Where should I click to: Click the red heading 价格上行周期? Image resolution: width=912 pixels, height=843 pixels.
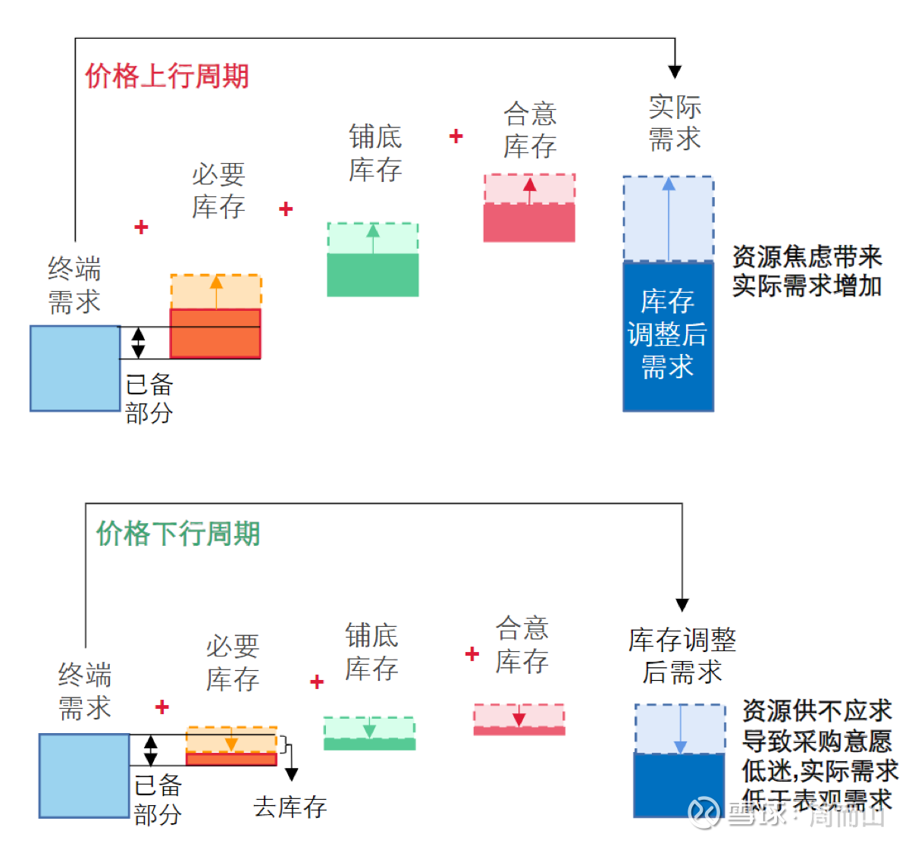(x=167, y=76)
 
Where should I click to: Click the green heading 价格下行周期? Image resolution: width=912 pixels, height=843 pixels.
(x=178, y=534)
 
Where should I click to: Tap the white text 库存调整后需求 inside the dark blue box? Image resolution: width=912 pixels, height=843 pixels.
(x=667, y=334)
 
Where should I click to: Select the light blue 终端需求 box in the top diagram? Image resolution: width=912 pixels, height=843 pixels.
(x=74, y=368)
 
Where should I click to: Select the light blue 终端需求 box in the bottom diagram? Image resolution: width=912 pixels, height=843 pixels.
(x=83, y=775)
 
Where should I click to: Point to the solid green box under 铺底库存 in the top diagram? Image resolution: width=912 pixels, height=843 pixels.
(x=372, y=274)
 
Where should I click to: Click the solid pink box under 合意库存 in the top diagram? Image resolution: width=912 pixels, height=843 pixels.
(x=529, y=222)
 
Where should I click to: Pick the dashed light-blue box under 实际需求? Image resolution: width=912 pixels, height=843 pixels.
(x=668, y=218)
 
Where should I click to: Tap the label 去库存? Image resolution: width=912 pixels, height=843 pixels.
(x=290, y=807)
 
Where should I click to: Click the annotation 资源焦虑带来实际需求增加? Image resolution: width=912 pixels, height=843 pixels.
(x=807, y=271)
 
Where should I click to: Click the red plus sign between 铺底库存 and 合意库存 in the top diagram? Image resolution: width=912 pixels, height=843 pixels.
(x=456, y=136)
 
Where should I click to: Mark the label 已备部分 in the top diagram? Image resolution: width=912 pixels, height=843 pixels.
(x=149, y=399)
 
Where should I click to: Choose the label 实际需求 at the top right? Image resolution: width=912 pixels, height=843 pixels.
(x=675, y=123)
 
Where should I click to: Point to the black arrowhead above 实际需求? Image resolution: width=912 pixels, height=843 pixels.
(x=675, y=72)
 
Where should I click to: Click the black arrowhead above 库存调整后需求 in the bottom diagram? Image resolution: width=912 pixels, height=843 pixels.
(x=682, y=605)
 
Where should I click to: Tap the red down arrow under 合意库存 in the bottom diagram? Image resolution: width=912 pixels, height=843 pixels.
(x=519, y=716)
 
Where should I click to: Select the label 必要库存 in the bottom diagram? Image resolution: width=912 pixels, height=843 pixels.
(x=233, y=663)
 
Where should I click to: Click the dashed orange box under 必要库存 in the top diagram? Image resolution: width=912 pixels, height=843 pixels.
(x=216, y=292)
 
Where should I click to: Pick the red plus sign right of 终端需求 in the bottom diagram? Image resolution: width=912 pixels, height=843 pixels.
(x=161, y=707)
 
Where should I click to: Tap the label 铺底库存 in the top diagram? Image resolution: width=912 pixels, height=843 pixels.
(x=375, y=153)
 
